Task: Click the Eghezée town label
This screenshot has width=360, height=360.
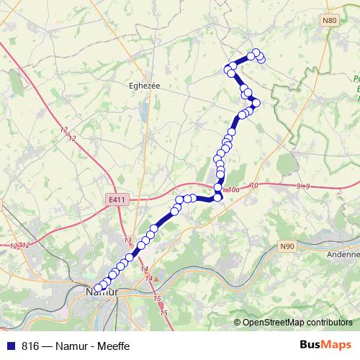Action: [x=143, y=84]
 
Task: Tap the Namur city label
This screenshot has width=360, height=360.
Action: [x=102, y=293]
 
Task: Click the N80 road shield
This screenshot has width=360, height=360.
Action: [x=330, y=21]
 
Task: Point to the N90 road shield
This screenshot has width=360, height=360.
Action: [x=287, y=246]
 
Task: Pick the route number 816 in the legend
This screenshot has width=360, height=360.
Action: [x=30, y=345]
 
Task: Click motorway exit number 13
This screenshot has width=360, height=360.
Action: [x=128, y=240]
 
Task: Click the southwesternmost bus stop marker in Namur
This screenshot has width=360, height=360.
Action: [x=98, y=289]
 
